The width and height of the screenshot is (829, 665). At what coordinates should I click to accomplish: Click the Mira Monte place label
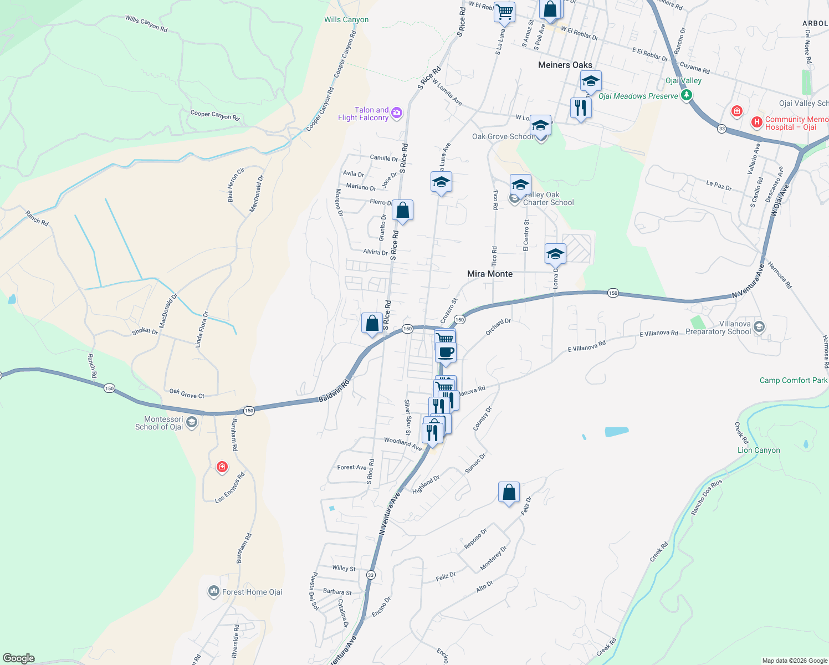click(x=490, y=274)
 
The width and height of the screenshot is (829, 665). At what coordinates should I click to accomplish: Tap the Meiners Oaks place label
click(x=565, y=65)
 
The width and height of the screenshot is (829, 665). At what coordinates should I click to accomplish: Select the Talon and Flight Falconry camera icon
click(x=396, y=114)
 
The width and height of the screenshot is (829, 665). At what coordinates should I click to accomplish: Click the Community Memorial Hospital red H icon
click(x=756, y=122)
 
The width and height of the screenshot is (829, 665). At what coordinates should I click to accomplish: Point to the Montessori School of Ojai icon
click(x=192, y=423)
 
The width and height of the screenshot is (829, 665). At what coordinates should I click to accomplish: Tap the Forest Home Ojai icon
click(x=214, y=592)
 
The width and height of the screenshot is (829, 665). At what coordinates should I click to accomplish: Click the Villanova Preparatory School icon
click(x=759, y=327)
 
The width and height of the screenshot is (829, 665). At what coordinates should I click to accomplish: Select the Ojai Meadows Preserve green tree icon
click(x=687, y=95)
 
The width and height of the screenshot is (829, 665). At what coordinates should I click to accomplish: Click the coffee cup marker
click(x=446, y=352)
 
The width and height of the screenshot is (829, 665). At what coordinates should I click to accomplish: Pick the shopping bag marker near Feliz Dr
click(x=509, y=492)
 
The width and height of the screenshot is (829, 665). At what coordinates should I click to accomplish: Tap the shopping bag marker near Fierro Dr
click(x=403, y=211)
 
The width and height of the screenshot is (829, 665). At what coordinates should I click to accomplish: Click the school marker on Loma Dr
click(x=555, y=254)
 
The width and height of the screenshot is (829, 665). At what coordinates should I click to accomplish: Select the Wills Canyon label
click(x=346, y=19)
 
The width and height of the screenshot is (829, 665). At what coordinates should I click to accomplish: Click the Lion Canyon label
click(x=759, y=450)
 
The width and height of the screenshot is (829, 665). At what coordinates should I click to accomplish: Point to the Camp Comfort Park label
click(x=793, y=380)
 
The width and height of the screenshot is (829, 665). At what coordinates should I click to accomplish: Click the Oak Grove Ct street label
click(x=187, y=393)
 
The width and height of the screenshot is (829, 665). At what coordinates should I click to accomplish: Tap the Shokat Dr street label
click(x=145, y=331)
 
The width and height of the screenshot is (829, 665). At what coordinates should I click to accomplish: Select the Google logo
click(x=19, y=658)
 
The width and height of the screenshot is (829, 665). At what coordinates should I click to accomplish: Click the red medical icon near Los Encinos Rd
click(x=222, y=467)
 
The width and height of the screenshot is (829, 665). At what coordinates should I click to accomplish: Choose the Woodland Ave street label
click(x=403, y=443)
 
